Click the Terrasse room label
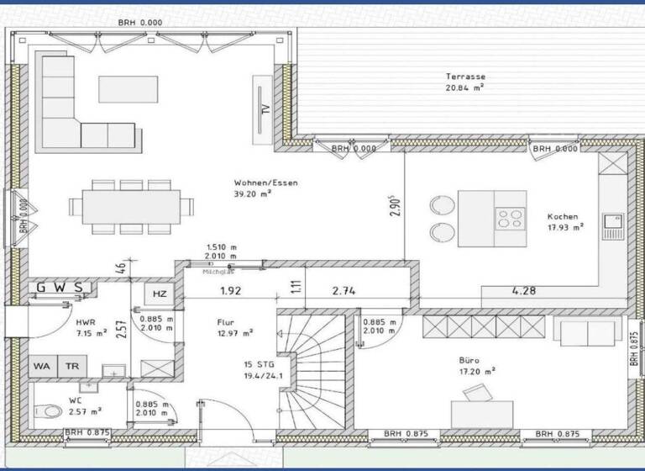465,77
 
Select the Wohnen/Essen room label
265,183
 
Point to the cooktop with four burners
509,219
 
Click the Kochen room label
562,216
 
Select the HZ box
159,294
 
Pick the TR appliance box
73,367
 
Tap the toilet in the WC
49,411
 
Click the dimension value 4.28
525,292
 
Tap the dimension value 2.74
346,292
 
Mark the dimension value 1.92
231,292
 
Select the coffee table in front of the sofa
128,87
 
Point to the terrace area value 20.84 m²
465,87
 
